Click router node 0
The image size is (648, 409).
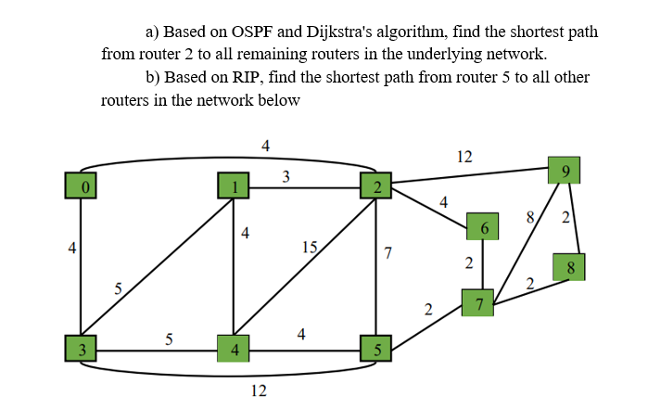[x=83, y=186]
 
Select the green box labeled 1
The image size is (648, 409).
[x=234, y=186]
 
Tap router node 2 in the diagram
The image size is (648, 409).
[x=376, y=186]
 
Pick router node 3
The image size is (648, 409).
[x=83, y=350]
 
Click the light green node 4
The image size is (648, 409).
[x=234, y=350]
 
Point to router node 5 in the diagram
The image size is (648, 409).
[x=376, y=350]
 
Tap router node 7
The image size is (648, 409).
[x=478, y=302]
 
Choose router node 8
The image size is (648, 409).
[x=570, y=268]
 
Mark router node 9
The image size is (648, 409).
[x=565, y=171]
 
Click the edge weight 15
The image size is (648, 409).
[x=310, y=247]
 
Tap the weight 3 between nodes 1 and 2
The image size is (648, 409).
[x=286, y=176]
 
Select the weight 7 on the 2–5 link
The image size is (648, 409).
[x=388, y=253]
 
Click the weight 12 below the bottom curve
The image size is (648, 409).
[x=260, y=391]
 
